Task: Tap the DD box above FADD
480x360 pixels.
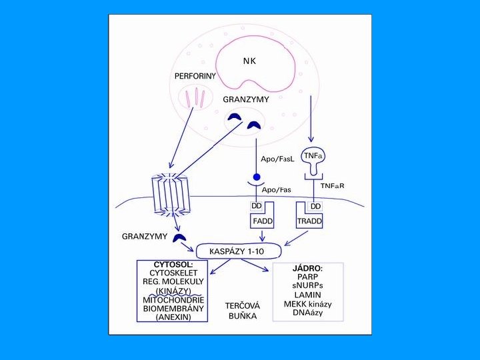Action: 256,206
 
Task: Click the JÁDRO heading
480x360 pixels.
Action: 308,269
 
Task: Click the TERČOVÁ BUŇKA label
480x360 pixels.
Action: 242,311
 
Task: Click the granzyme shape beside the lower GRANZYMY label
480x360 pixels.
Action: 179,237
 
